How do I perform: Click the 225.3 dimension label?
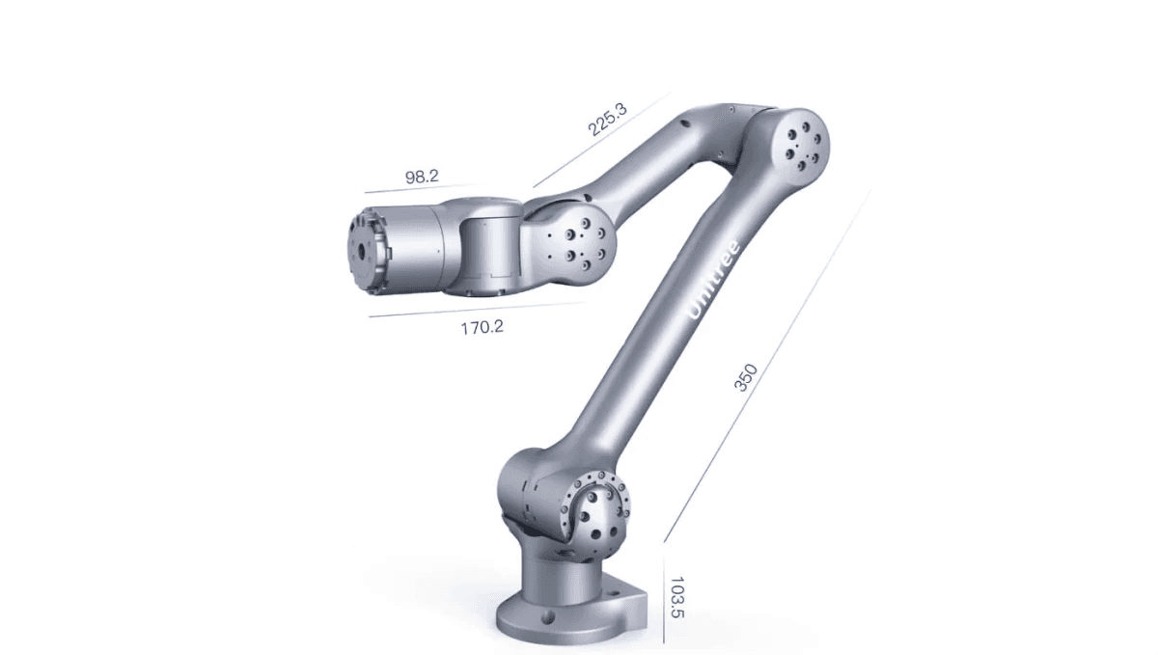[x=608, y=119]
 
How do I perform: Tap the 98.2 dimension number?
[x=422, y=177]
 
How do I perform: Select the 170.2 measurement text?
[x=482, y=327]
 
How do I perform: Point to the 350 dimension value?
[x=745, y=378]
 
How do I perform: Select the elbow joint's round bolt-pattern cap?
[x=802, y=141]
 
